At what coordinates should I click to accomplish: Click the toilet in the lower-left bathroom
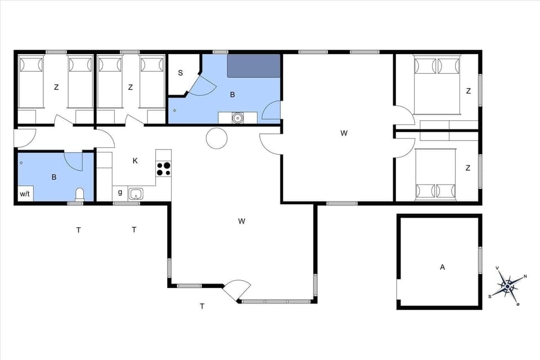(79, 195)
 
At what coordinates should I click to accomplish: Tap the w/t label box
(25, 194)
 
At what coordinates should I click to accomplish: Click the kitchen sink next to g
(136, 194)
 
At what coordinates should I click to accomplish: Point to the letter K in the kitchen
(135, 161)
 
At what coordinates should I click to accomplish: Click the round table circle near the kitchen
(216, 138)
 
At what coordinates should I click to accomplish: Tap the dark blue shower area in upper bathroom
(253, 66)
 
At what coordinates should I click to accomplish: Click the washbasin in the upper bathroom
(237, 118)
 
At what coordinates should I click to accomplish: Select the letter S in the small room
(181, 73)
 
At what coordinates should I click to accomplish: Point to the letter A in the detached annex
(442, 267)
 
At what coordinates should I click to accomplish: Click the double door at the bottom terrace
(237, 291)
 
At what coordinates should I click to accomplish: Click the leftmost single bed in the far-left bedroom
(31, 82)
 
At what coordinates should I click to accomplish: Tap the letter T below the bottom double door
(202, 307)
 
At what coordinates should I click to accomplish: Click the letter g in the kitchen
(120, 192)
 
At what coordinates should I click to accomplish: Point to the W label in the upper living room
(344, 133)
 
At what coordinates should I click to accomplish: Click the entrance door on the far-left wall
(25, 137)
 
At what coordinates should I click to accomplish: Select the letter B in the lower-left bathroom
(54, 177)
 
